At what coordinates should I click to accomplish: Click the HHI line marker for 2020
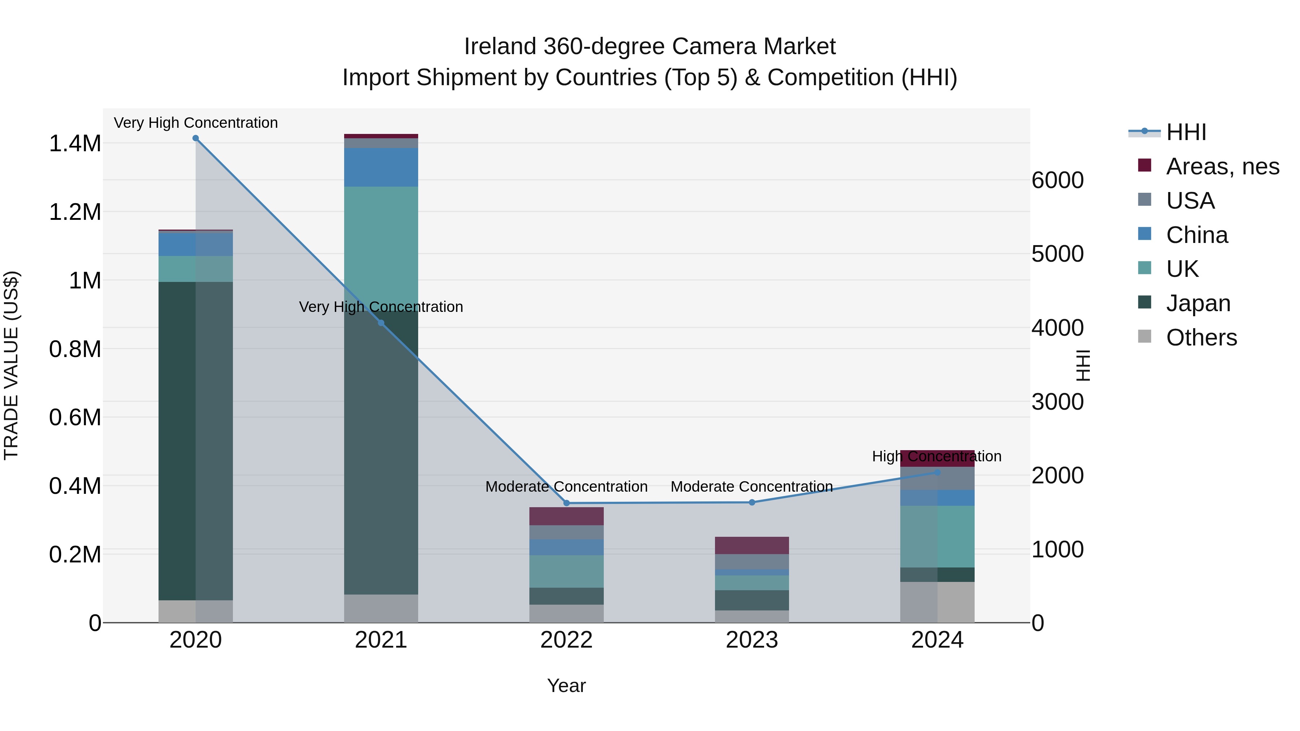click(x=196, y=138)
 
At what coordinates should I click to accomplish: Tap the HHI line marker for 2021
click(x=381, y=323)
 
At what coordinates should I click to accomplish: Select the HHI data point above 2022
click(x=566, y=503)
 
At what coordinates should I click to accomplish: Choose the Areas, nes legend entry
click(x=1222, y=166)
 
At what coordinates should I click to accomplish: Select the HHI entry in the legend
click(x=1186, y=132)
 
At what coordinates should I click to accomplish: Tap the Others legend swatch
click(x=1145, y=336)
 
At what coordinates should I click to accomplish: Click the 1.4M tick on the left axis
click(x=75, y=144)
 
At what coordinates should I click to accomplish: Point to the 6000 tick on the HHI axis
click(x=1057, y=180)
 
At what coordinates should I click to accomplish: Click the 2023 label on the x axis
click(x=751, y=640)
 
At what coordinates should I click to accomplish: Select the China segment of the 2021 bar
click(x=381, y=167)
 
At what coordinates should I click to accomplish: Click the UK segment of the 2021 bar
click(x=381, y=242)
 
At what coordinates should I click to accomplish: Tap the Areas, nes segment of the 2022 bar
click(x=566, y=516)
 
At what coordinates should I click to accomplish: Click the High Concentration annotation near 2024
click(x=937, y=456)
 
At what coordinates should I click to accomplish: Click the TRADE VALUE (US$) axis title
click(x=11, y=365)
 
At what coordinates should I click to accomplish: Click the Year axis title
click(x=566, y=686)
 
